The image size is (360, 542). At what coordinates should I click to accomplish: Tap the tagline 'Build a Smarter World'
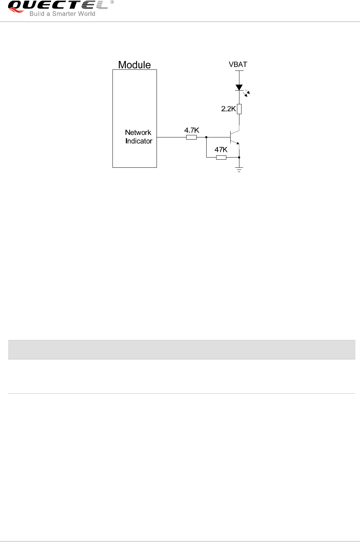(62, 14)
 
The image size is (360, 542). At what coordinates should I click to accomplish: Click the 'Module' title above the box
(134, 65)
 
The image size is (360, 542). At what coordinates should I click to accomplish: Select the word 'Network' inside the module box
(138, 133)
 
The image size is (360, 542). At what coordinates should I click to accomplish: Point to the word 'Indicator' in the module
(139, 141)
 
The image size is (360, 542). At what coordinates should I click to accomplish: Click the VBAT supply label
(238, 65)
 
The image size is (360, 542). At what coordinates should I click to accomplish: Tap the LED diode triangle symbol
(239, 87)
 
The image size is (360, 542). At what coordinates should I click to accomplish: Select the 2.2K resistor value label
(228, 109)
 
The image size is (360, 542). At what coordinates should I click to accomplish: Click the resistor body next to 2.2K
(239, 109)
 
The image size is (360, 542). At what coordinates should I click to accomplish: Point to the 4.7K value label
(192, 130)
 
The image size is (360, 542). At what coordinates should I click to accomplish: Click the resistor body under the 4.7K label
(191, 137)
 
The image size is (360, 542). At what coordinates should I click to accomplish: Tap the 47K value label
(221, 150)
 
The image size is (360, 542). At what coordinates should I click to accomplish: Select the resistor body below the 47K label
(221, 157)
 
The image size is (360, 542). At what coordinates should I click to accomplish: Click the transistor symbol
(234, 137)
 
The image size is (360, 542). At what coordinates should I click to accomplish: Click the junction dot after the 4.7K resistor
(206, 137)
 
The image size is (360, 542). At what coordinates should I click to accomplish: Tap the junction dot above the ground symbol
(239, 157)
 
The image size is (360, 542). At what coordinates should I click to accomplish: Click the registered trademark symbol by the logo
(112, 2)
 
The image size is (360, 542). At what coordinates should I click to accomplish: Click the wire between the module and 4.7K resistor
(171, 137)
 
